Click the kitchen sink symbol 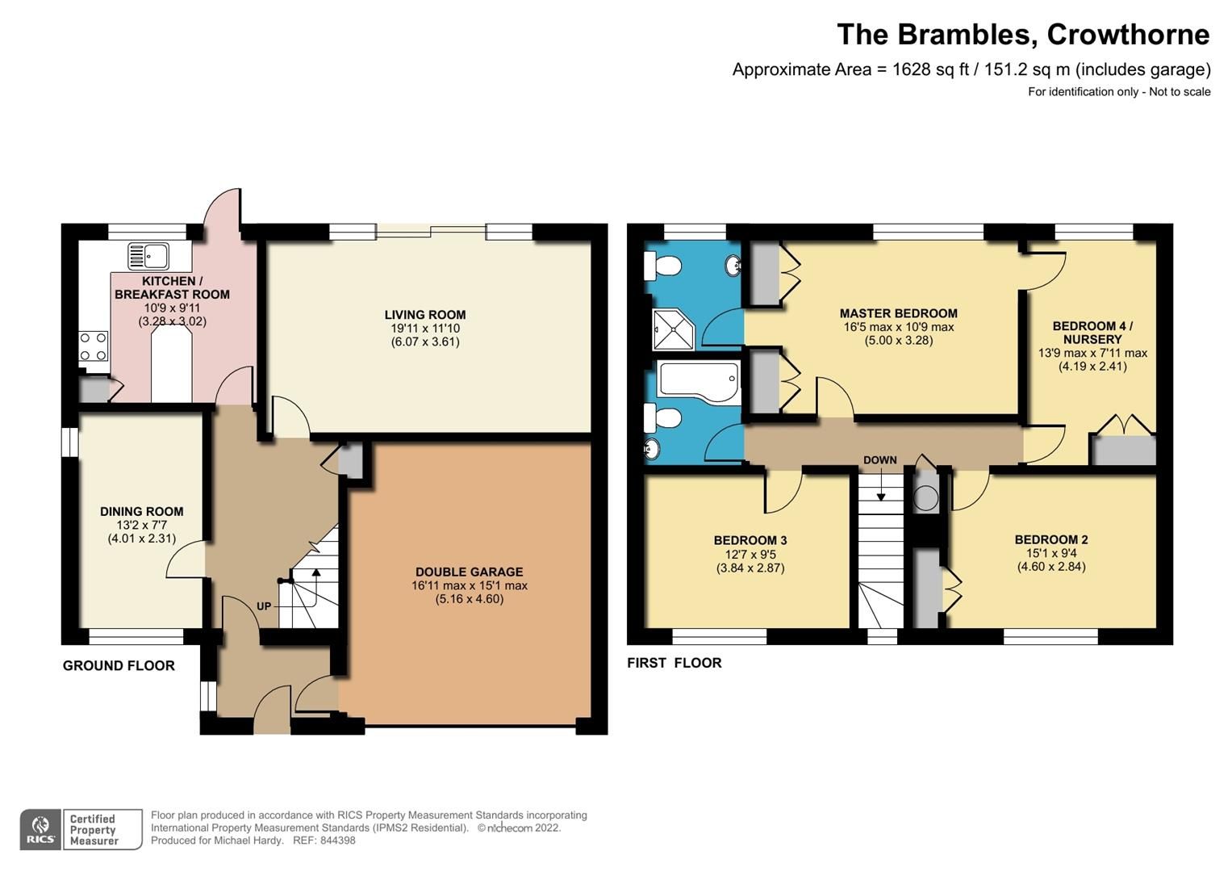point(148,257)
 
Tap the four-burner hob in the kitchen point(93,346)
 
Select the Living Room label point(424,315)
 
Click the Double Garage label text point(469,572)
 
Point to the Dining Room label point(141,511)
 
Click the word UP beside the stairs point(264,606)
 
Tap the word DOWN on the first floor point(879,460)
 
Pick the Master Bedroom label point(898,313)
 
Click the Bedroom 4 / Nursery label point(1092,333)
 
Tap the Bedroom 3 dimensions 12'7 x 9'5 point(750,554)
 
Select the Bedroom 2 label point(1050,539)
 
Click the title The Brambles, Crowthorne point(1022,35)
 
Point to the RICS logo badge point(40,830)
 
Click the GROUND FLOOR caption point(119,665)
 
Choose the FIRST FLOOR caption point(674,663)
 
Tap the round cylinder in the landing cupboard point(925,498)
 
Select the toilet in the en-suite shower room point(662,265)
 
